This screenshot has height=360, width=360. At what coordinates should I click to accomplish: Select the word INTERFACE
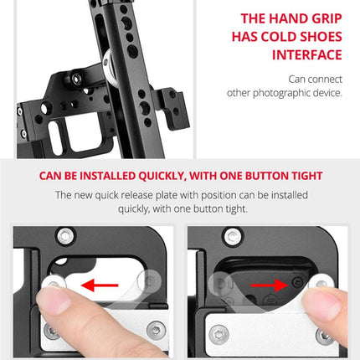pyautogui.click(x=307, y=55)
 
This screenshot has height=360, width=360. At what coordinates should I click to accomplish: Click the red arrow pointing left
pyautogui.click(x=100, y=285)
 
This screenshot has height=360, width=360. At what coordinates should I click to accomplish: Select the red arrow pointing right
pyautogui.click(x=270, y=285)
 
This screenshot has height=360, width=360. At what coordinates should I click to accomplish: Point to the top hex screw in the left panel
pyautogui.click(x=65, y=236)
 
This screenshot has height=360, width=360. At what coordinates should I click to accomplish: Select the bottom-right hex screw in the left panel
pyautogui.click(x=157, y=331)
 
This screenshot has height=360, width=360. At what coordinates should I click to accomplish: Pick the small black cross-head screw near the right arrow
pyautogui.click(x=298, y=282)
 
